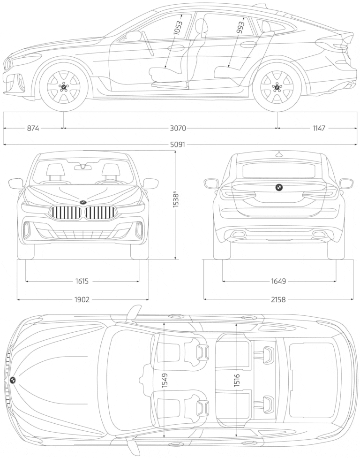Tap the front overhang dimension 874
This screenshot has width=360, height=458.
33,128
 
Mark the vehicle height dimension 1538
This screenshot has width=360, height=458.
176,198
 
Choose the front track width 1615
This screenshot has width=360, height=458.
82,282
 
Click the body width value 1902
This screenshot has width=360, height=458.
82,299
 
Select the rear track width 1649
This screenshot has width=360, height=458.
278,282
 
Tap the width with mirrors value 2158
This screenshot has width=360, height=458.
278,299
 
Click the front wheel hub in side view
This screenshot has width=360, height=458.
64,87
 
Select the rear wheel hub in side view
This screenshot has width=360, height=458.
277,87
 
